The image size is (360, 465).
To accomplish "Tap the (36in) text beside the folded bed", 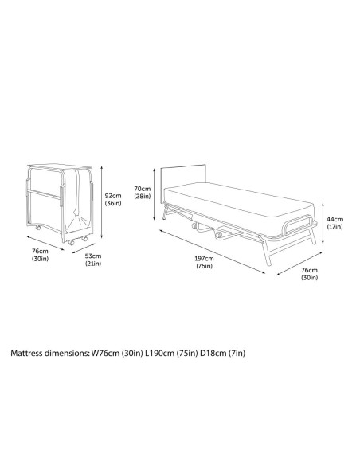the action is click(113, 203).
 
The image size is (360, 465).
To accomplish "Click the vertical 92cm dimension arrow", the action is click(102, 201).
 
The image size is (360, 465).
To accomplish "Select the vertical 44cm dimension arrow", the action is click(323, 223).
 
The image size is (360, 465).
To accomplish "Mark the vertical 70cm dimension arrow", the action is click(154, 194).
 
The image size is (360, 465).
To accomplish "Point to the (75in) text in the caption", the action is click(187, 354).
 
